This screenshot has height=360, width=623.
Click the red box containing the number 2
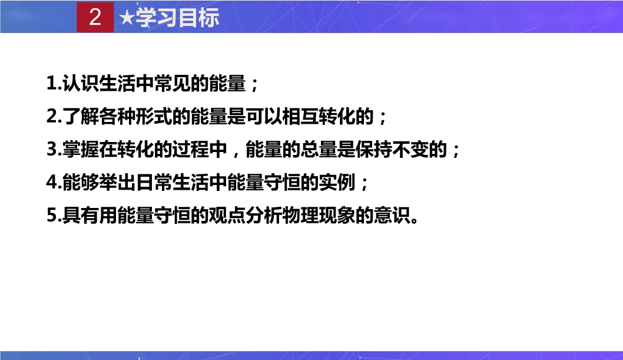click(x=95, y=17)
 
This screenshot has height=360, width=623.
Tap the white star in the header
click(x=127, y=18)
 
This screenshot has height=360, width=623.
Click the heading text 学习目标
click(x=177, y=18)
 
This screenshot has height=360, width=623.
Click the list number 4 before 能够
click(x=52, y=183)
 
